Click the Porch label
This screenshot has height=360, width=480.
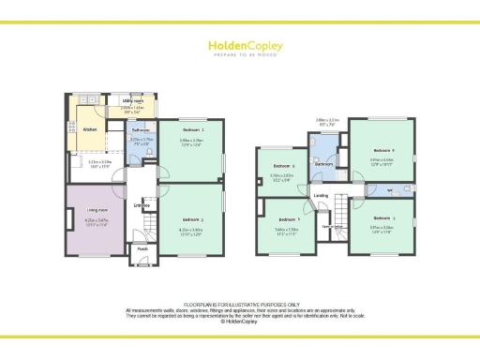(142, 249)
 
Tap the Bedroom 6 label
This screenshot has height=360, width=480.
(283, 167)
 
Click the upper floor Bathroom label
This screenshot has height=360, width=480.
(324, 163)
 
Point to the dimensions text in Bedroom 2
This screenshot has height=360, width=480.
(191, 231)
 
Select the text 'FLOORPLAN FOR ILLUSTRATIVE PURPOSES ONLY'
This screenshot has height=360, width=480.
(240, 305)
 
